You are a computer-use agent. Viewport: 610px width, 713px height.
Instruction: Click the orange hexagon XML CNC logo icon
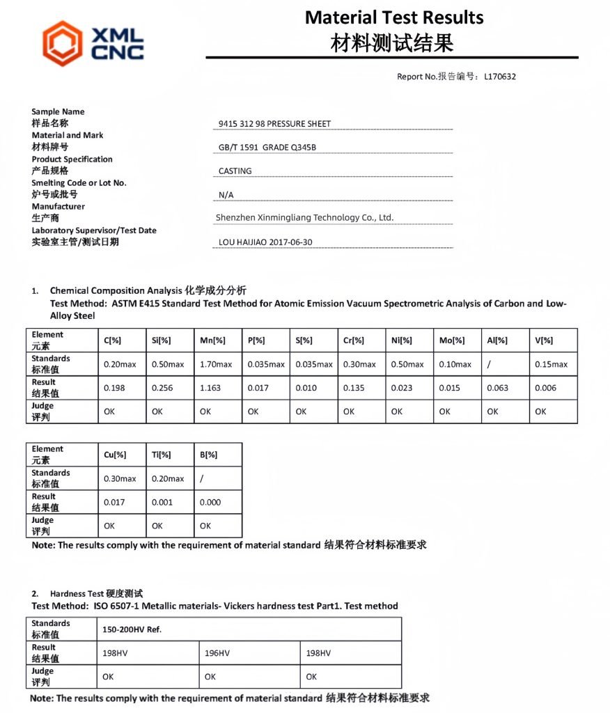(x=62, y=42)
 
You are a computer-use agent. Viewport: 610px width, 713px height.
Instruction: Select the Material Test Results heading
(x=394, y=17)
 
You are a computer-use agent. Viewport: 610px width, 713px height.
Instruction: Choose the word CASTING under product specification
(x=235, y=171)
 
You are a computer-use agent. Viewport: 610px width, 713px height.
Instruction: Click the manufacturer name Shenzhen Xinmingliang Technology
(x=304, y=218)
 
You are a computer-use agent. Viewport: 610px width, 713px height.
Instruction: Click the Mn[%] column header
(x=212, y=340)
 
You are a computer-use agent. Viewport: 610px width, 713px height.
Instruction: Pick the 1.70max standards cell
(x=216, y=364)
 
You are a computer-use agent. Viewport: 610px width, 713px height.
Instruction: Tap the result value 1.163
(x=211, y=388)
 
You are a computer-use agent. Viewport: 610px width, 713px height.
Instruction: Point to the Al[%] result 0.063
(x=498, y=388)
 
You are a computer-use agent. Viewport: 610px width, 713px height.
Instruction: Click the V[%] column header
(x=544, y=340)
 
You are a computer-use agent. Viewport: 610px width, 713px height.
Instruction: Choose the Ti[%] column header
(x=161, y=455)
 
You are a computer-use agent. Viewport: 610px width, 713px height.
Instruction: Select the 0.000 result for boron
(x=210, y=502)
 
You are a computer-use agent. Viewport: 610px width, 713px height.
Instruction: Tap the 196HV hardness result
(x=217, y=653)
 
